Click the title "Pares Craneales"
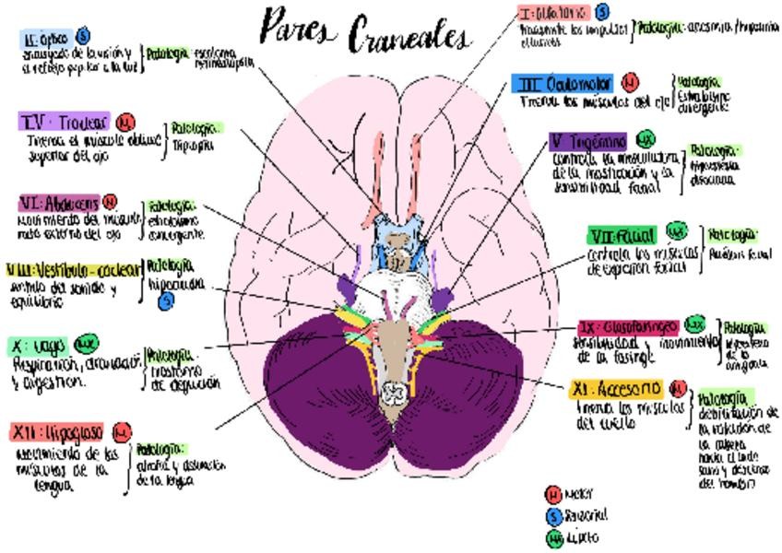click(365, 31)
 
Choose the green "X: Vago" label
click(38, 347)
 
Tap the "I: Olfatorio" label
click(553, 13)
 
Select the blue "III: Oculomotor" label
click(563, 84)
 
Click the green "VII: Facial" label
click(622, 236)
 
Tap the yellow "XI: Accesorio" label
click(617, 388)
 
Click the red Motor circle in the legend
click(553, 495)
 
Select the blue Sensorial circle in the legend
click(553, 516)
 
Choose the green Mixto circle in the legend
click(553, 537)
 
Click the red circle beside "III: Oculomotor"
click(630, 84)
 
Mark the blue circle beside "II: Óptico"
click(83, 36)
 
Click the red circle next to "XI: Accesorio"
click(679, 388)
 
